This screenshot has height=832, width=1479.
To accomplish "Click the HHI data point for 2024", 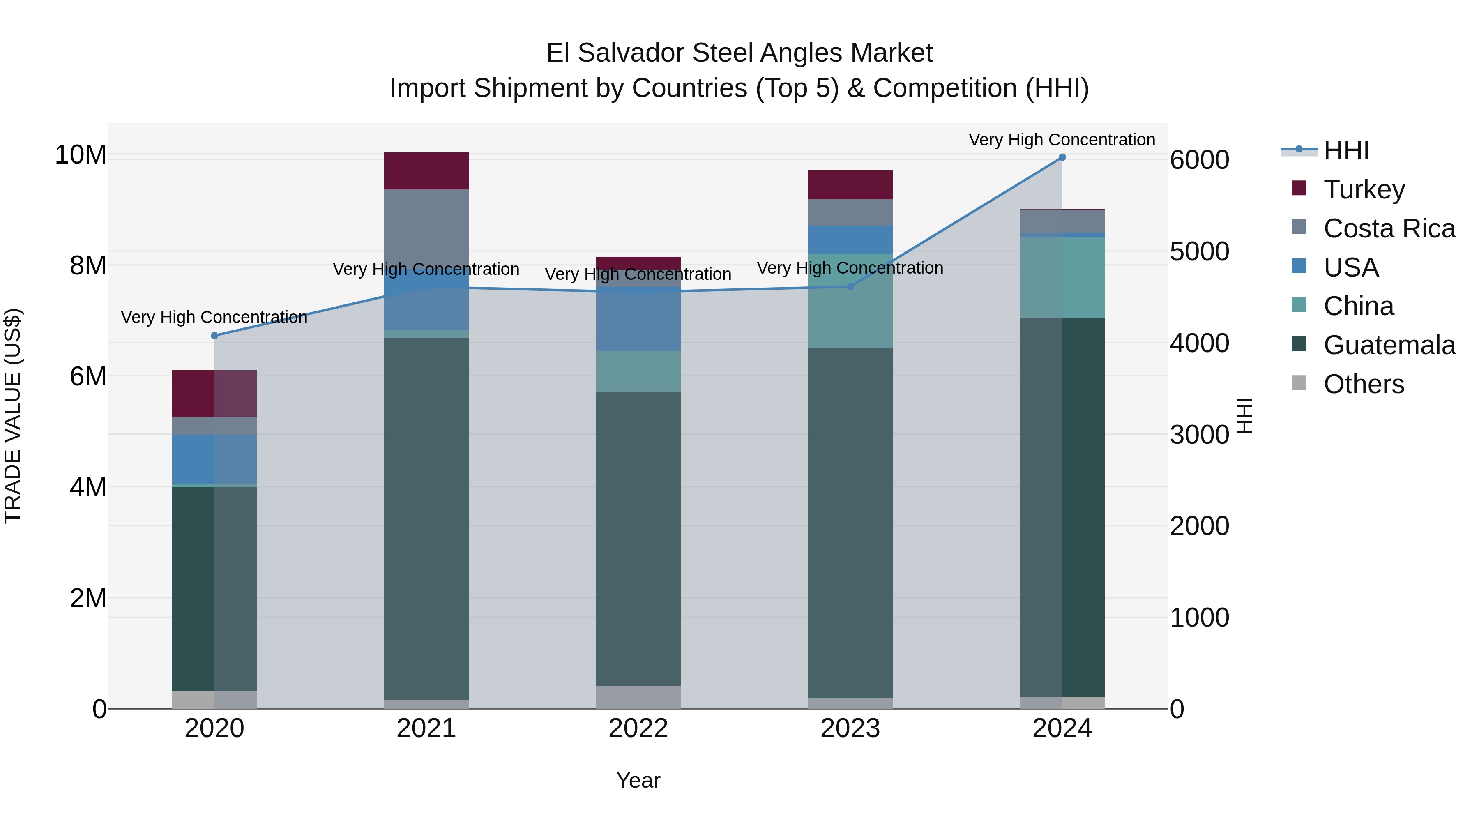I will (x=1062, y=157).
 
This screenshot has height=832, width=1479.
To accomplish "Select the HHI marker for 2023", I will (x=850, y=286).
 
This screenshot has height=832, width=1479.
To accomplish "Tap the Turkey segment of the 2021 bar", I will (x=426, y=171).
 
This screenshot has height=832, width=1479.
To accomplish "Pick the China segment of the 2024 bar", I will (x=1062, y=277).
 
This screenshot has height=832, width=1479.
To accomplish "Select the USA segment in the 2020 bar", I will (x=214, y=459).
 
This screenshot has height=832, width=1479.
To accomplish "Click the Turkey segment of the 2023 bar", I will (x=850, y=184).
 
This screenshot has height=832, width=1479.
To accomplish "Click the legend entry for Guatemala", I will (x=1389, y=345).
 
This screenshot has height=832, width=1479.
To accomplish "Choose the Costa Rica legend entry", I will (x=1389, y=228).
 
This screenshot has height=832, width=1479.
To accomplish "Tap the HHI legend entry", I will (x=1346, y=150).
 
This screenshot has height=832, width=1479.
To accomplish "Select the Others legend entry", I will (x=1364, y=384).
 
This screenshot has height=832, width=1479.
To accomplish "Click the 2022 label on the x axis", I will (x=638, y=728).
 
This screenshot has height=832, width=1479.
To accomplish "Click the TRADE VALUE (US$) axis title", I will (x=13, y=416).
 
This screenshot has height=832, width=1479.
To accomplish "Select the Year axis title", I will (x=638, y=780).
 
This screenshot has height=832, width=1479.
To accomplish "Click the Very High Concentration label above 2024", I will (x=1062, y=140).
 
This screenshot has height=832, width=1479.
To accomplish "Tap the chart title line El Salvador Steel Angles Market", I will (x=739, y=53).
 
